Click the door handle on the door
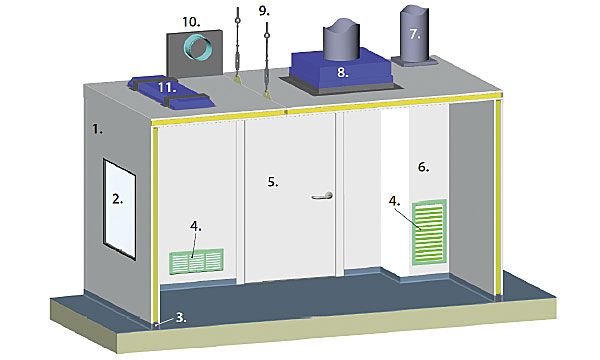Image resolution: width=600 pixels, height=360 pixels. click(x=322, y=196)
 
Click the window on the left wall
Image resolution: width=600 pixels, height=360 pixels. click(x=119, y=209)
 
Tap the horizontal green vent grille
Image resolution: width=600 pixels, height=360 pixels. click(x=196, y=262)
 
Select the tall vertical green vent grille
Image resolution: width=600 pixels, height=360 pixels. click(x=429, y=232)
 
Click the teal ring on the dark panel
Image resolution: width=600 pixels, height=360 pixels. click(x=197, y=47)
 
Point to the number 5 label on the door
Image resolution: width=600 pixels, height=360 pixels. click(x=273, y=182)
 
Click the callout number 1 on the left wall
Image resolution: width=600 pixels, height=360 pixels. click(x=98, y=129)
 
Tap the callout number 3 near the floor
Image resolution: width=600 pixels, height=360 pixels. click(x=181, y=317)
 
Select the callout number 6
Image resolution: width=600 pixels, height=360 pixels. click(x=423, y=167)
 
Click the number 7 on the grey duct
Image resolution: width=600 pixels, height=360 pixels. click(x=415, y=34)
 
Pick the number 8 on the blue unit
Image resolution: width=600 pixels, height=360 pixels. click(x=342, y=72)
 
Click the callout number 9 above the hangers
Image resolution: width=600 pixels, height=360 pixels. click(x=264, y=11)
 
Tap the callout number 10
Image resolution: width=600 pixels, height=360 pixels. click(x=191, y=22)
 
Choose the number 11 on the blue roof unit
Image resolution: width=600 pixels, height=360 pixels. click(x=167, y=88)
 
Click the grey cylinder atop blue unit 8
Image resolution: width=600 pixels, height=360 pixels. click(x=342, y=38)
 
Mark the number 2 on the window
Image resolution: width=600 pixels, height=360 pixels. click(x=117, y=199)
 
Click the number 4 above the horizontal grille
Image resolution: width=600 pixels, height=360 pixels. click(x=196, y=226)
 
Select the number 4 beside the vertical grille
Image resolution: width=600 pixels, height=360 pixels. click(x=395, y=201)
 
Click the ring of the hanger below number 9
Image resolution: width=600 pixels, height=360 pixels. click(x=267, y=36)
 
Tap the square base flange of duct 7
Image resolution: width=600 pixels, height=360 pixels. click(x=414, y=62)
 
